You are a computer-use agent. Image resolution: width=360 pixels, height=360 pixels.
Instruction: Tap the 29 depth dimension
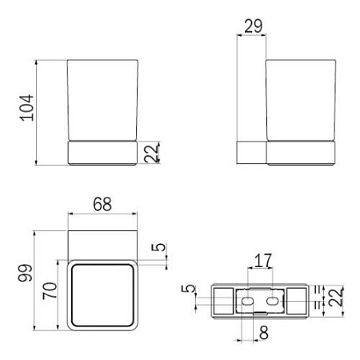click(253, 26)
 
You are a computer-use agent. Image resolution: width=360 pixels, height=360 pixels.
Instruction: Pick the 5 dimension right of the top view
click(162, 248)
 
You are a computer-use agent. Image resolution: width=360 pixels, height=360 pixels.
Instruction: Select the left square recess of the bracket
click(223, 302)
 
